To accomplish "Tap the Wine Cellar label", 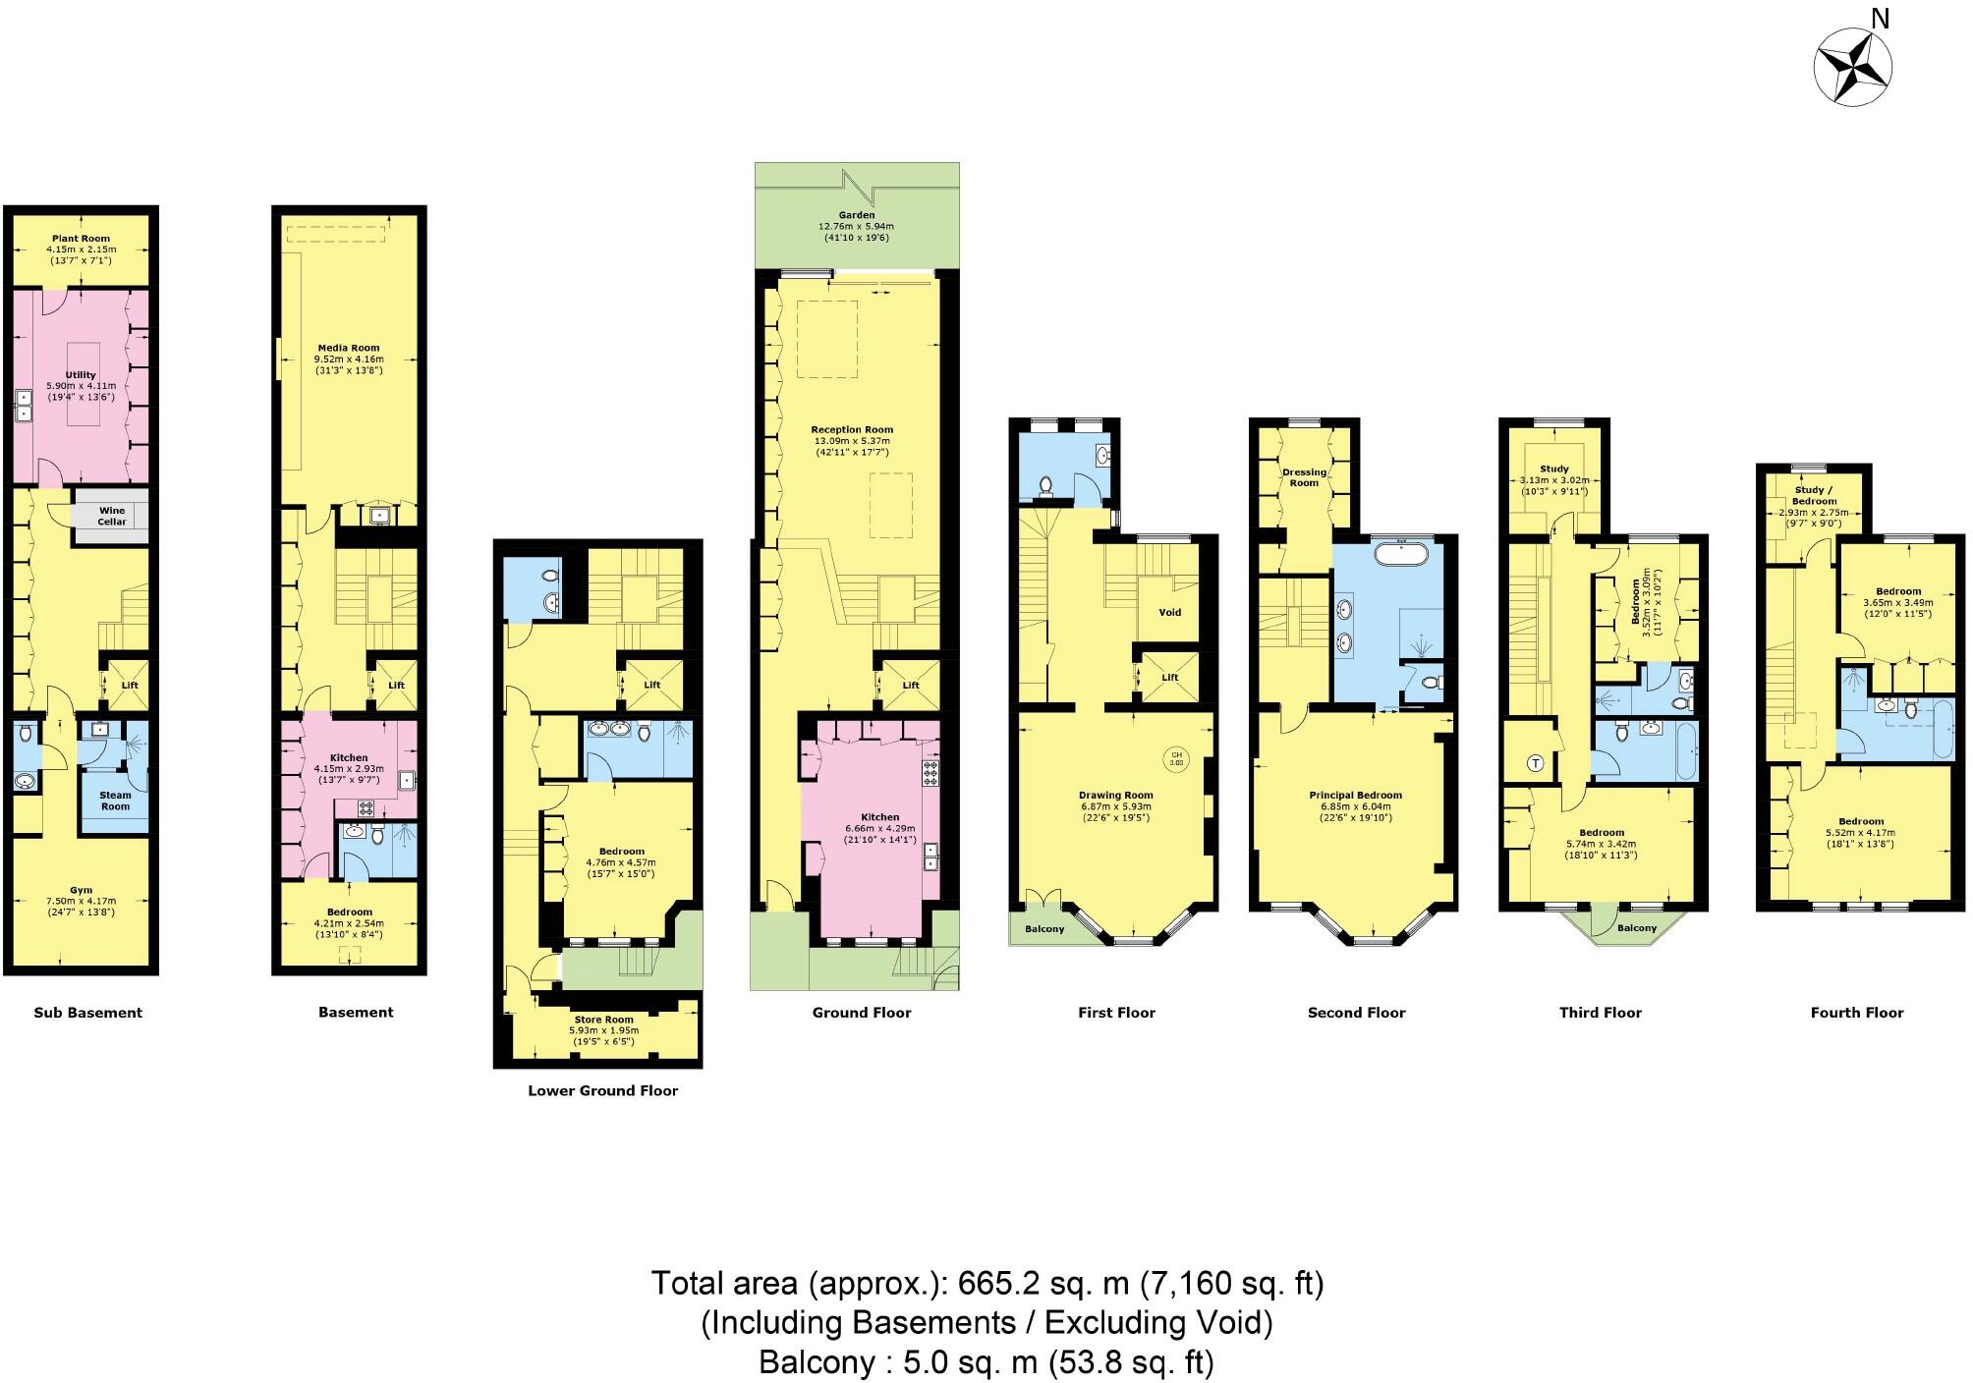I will [112, 516].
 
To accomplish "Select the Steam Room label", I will [115, 801].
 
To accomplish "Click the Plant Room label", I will [81, 239].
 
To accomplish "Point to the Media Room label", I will [348, 348].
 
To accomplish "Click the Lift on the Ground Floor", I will [910, 685].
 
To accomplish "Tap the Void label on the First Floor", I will [1169, 612].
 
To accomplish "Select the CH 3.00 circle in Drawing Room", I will [1176, 758].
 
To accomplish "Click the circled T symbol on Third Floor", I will [1536, 763].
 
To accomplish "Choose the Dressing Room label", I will [1304, 477].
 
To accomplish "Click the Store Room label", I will [603, 1020].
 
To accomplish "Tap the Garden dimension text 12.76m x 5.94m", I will [857, 226].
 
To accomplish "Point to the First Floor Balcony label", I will [1044, 928].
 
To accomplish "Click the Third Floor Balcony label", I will [1637, 927].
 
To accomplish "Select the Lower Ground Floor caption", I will [602, 1090].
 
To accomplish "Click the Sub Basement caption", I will [88, 1013].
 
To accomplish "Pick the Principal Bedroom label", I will [1355, 796].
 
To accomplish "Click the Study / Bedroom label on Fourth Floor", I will [1814, 495].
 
